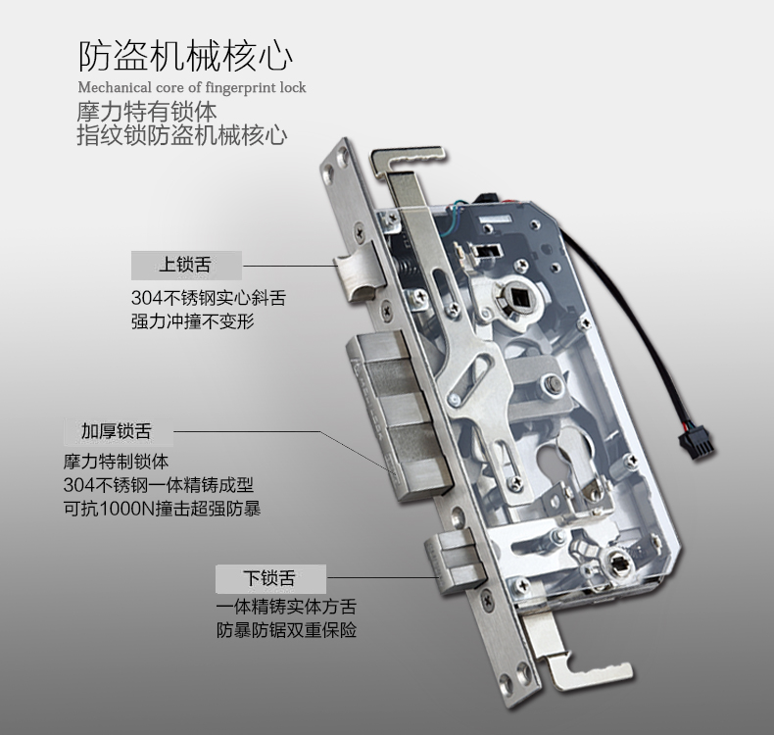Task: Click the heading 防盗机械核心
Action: coord(185,57)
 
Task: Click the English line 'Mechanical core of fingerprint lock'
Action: coord(192,88)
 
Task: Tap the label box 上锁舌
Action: coord(186,265)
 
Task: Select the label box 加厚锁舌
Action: coord(119,431)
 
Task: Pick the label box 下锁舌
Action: coord(270,578)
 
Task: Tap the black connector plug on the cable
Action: coord(695,446)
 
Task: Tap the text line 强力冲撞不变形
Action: coord(193,321)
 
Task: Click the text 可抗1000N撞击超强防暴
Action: coord(163,509)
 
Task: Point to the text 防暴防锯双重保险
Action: coord(286,630)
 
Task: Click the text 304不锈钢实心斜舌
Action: coord(209,298)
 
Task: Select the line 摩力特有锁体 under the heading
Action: coord(147,112)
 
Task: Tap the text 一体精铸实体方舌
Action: coord(286,607)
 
